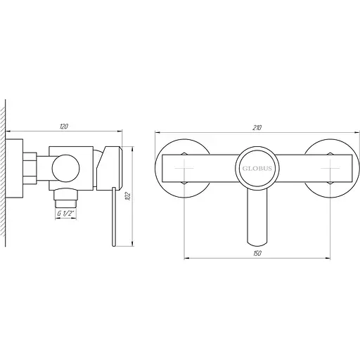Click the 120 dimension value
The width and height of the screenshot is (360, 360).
64,126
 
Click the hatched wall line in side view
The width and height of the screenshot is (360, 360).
6,176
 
